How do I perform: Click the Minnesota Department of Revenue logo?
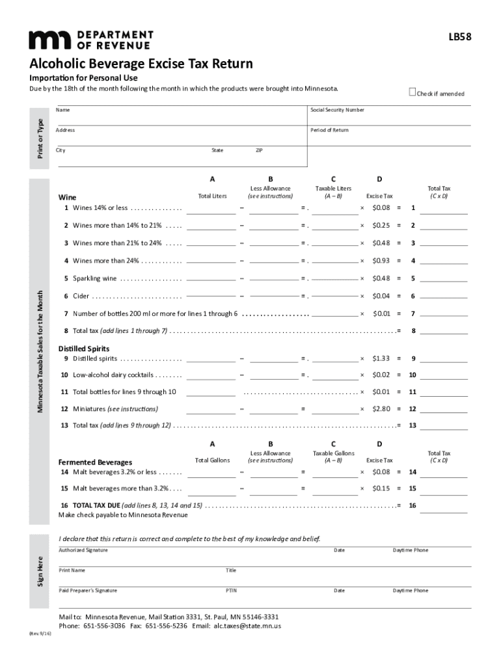pyautogui.click(x=90, y=40)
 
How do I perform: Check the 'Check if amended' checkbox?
pyautogui.click(x=412, y=92)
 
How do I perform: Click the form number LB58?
pyautogui.click(x=459, y=39)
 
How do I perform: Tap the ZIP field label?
pyautogui.click(x=259, y=150)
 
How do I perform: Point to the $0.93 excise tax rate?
pyautogui.click(x=381, y=261)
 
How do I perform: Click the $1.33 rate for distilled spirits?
pyautogui.click(x=381, y=358)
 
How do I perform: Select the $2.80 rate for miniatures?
pyautogui.click(x=381, y=409)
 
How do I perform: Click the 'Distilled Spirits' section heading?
pyautogui.click(x=84, y=349)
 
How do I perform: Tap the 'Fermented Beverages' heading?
pyautogui.click(x=95, y=462)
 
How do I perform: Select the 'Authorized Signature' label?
pyautogui.click(x=83, y=551)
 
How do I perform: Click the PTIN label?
pyautogui.click(x=231, y=591)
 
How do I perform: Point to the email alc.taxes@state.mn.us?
pyautogui.click(x=247, y=626)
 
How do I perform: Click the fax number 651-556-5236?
pyautogui.click(x=166, y=626)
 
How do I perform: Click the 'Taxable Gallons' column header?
pyautogui.click(x=333, y=453)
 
